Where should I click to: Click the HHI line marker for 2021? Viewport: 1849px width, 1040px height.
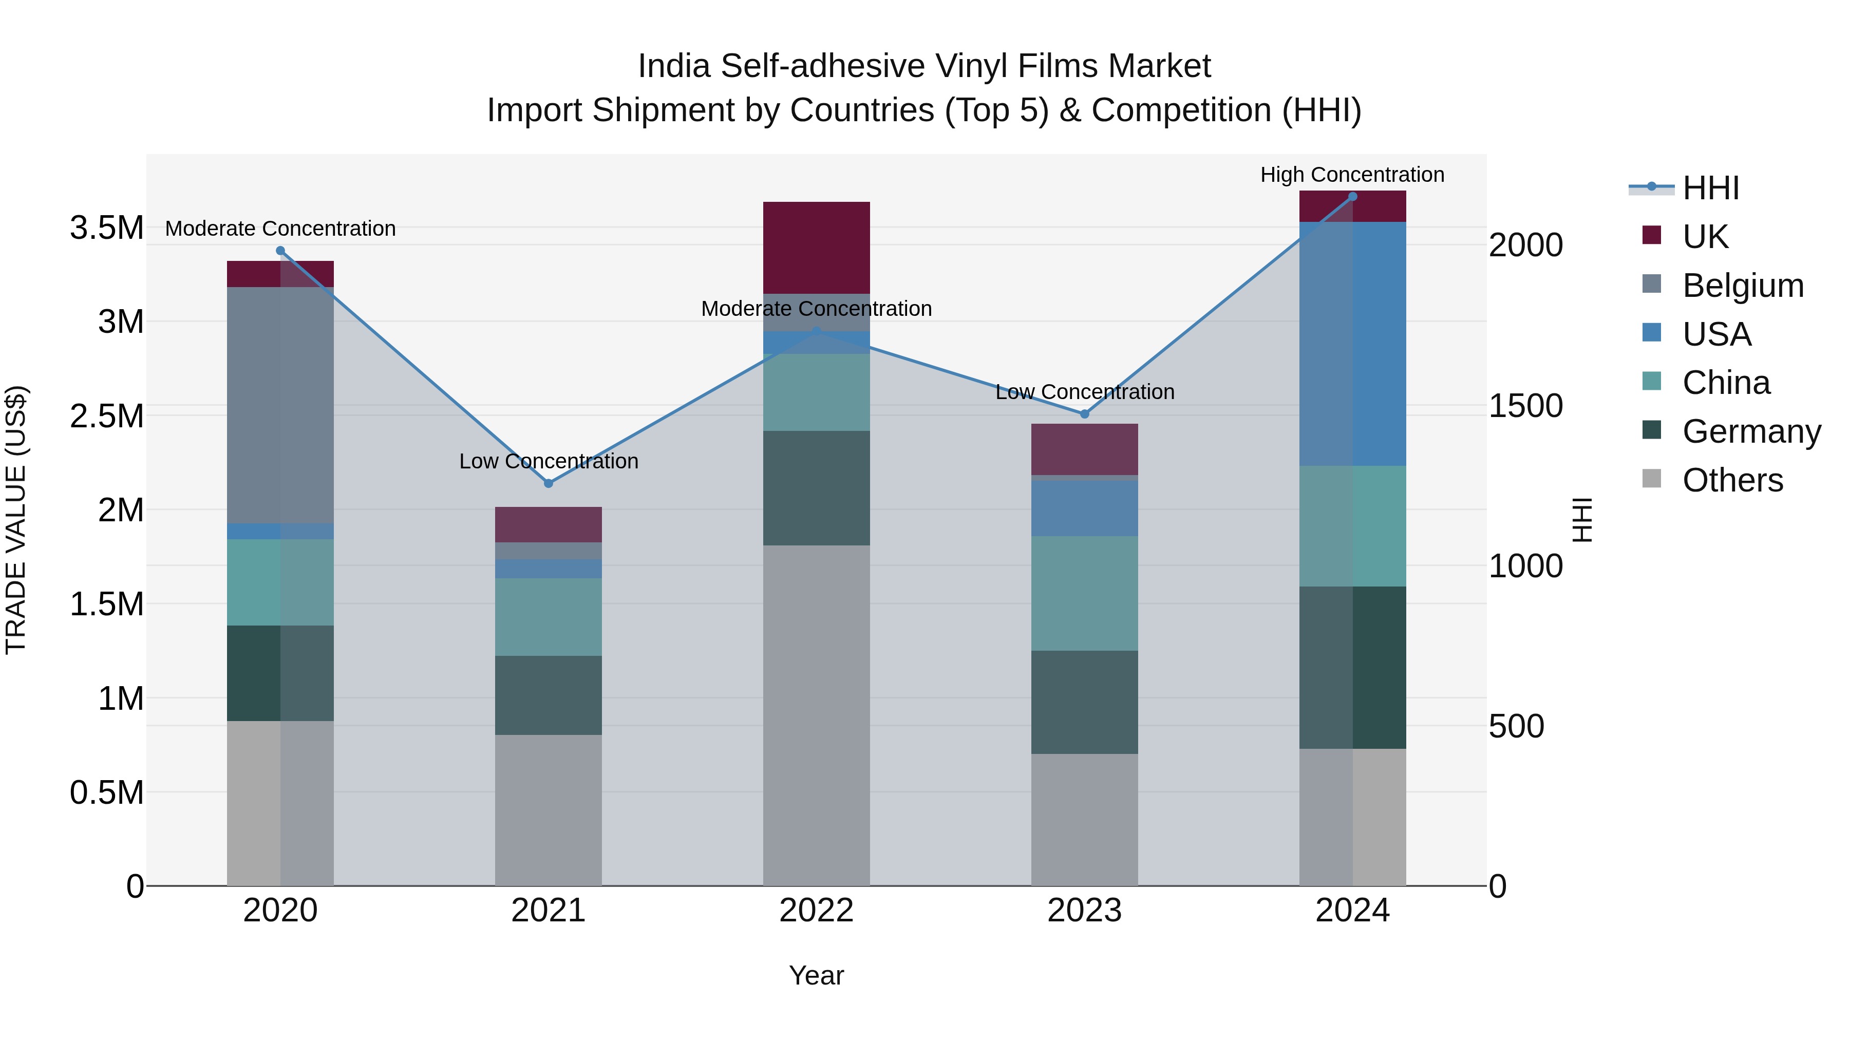click(x=549, y=483)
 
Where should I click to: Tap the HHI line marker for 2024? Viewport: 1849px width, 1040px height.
click(x=1352, y=196)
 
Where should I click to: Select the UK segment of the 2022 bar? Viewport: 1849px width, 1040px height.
click(x=816, y=248)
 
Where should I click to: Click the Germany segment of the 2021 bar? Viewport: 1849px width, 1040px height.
click(x=549, y=695)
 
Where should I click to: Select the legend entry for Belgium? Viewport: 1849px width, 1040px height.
click(x=1742, y=285)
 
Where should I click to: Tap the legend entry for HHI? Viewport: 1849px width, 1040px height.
click(x=1710, y=188)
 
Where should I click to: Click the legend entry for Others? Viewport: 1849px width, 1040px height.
click(x=1731, y=480)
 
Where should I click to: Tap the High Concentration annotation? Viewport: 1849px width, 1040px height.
click(x=1352, y=175)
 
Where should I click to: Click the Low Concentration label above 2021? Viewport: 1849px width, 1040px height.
click(x=549, y=461)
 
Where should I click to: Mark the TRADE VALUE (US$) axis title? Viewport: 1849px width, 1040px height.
click(x=16, y=520)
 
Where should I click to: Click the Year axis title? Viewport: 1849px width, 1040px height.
click(x=816, y=975)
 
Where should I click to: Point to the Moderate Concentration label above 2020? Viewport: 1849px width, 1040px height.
click(x=280, y=228)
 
